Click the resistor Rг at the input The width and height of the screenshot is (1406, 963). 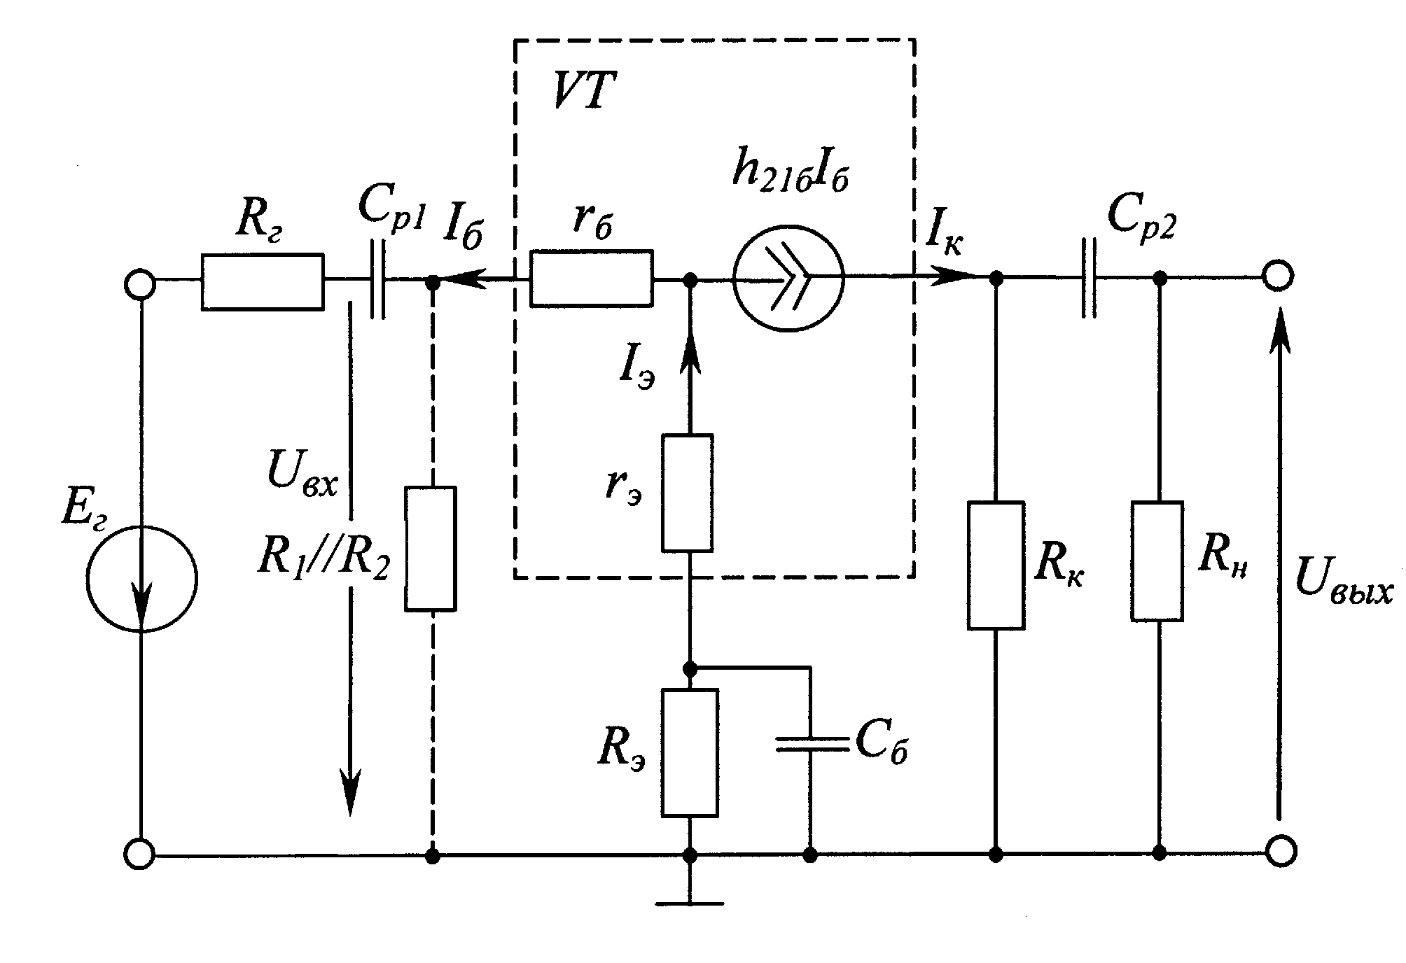263,281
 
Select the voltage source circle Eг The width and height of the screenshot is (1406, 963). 142,579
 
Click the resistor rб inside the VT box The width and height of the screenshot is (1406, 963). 592,279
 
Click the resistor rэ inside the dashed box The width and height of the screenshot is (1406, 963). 688,493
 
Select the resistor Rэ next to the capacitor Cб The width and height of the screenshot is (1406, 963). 690,752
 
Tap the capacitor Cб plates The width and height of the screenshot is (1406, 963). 810,745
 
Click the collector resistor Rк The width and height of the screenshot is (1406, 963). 996,565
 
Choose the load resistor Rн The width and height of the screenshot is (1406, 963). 1157,561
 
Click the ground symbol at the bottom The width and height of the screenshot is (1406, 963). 690,903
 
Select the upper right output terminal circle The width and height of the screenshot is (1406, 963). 1279,276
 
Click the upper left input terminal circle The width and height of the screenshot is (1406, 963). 139,284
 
